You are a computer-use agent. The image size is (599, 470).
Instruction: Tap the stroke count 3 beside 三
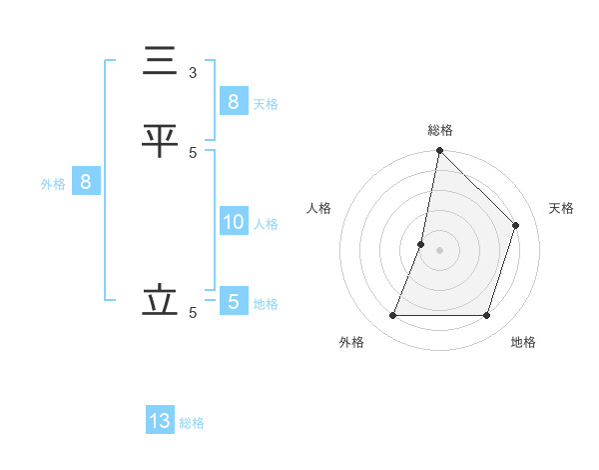pyautogui.click(x=193, y=72)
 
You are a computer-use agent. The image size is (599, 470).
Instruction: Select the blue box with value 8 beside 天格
pyautogui.click(x=233, y=101)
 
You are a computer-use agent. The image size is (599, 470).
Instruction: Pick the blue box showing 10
pyautogui.click(x=233, y=222)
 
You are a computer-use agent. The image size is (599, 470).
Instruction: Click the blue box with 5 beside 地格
pyautogui.click(x=233, y=302)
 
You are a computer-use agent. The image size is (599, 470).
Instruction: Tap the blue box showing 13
pyautogui.click(x=160, y=421)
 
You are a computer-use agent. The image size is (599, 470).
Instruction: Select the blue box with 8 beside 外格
pyautogui.click(x=86, y=182)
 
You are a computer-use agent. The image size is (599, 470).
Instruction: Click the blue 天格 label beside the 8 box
pyautogui.click(x=266, y=103)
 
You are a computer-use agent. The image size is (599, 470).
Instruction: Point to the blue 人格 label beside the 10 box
pyautogui.click(x=266, y=224)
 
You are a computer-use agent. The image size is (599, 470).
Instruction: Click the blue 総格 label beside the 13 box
pyautogui.click(x=192, y=423)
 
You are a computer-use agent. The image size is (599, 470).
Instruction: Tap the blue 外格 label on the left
pyautogui.click(x=53, y=184)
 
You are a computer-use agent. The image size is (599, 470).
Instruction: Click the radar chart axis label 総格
pyautogui.click(x=439, y=130)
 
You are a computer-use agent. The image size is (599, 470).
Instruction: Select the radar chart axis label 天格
pyautogui.click(x=561, y=208)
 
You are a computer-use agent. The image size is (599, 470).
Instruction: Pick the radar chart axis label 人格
pyautogui.click(x=318, y=208)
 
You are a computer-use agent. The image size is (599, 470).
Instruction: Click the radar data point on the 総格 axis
pyautogui.click(x=439, y=151)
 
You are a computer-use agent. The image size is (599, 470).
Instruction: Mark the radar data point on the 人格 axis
pyautogui.click(x=421, y=244)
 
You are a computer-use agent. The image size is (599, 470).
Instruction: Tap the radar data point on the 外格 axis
pyautogui.click(x=392, y=316)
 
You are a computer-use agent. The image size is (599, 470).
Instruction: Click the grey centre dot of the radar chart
pyautogui.click(x=439, y=250)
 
